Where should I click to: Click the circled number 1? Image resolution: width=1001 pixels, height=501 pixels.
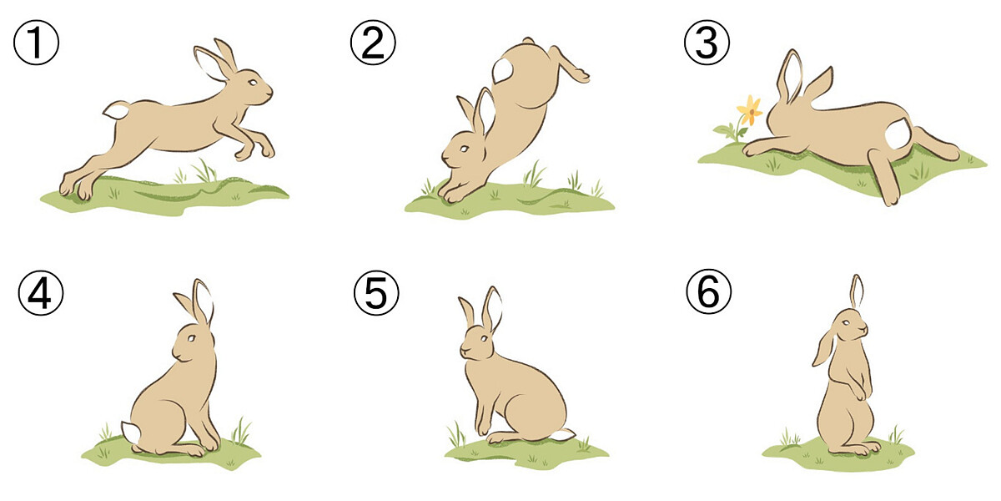point(36,43)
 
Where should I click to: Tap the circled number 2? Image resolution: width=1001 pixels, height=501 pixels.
point(373,43)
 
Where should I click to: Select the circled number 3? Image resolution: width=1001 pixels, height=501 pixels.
point(707,43)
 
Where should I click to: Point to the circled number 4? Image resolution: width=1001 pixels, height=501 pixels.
point(41,293)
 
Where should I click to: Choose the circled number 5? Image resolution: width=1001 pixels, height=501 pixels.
point(376,293)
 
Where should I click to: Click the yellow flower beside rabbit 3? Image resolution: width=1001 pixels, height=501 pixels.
point(750,110)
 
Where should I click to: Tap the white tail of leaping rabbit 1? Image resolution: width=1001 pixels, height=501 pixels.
point(116,110)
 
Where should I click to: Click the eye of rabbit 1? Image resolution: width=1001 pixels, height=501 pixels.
point(253,83)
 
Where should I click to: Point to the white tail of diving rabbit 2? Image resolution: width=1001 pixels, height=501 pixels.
point(503,70)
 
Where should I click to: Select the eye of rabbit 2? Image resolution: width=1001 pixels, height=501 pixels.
point(465,149)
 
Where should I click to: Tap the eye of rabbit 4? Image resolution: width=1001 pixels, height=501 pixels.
point(191,338)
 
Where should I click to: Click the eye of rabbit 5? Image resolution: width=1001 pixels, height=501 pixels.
point(484,338)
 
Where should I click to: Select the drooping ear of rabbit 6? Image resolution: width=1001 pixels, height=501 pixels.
point(823,348)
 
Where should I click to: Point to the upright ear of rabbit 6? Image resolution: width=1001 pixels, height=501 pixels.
point(856,291)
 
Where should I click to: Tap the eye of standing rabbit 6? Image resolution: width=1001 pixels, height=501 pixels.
point(846,323)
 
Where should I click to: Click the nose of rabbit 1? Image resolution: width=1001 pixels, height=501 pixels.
point(269,92)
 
